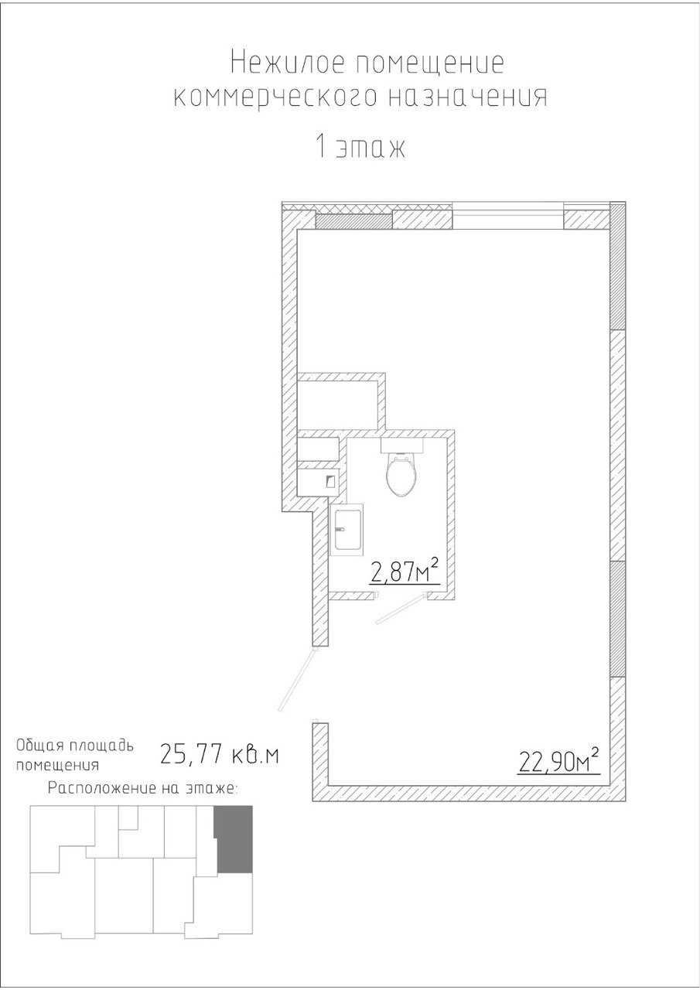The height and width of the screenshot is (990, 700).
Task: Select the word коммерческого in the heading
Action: tap(275, 98)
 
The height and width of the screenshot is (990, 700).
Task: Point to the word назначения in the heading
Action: tap(468, 97)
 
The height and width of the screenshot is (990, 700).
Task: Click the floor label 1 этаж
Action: tap(360, 148)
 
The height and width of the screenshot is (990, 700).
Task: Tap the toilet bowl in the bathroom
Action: tap(401, 476)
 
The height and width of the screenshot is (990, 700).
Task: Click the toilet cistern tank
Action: tap(402, 445)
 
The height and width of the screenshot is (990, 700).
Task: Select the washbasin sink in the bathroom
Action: tap(347, 529)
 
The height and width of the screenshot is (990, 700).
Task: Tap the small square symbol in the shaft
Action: tap(331, 481)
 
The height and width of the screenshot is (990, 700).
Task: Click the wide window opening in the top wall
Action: tap(508, 216)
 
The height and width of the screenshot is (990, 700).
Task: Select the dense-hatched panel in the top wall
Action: tap(354, 220)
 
